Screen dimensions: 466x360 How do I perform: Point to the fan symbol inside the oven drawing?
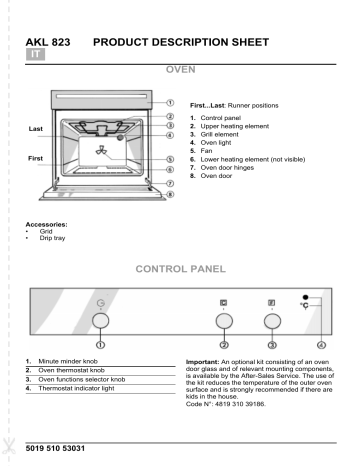coord(102,153)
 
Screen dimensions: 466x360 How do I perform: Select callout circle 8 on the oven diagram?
coord(171,195)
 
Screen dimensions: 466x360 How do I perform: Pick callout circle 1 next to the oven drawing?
coord(170,101)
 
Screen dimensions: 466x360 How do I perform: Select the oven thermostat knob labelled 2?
coord(224,320)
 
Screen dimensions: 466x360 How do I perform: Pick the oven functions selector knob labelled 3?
coord(270,320)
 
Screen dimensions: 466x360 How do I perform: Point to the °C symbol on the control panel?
coord(314,305)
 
